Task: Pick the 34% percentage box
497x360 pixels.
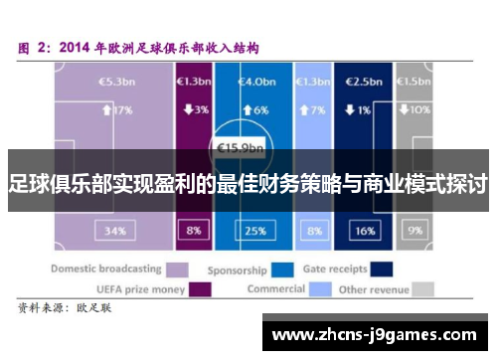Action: (x=112, y=231)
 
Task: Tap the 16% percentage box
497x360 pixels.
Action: (x=364, y=231)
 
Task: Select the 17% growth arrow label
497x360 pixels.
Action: (x=113, y=109)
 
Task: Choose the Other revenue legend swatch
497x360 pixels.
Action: (x=422, y=289)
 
